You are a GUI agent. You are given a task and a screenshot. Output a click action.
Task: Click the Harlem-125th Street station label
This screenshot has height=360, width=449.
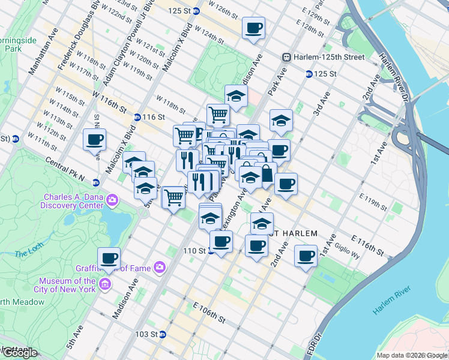coord(328,57)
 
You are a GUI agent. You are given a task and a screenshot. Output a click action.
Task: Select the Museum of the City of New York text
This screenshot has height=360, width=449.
coord(67,285)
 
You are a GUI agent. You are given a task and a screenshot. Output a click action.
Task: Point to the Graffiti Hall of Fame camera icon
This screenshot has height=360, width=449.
coord(160,266)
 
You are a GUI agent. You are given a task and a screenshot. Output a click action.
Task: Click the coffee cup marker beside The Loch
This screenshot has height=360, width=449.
coord(109,258)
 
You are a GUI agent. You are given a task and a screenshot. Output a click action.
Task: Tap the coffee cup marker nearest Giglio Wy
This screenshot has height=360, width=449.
coord(306,256)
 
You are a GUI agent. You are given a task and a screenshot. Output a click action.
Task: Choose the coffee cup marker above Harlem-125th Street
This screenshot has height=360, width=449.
coord(253,28)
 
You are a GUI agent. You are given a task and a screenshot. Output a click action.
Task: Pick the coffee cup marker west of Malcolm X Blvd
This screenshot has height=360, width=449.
coord(94,140)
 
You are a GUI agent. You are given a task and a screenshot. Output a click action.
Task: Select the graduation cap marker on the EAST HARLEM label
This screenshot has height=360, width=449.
coord(262,223)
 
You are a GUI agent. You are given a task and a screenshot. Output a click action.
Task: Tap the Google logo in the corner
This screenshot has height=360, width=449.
coord(20,353)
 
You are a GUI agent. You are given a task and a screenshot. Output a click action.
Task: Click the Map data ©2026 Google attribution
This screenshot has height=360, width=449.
coord(412,355)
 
